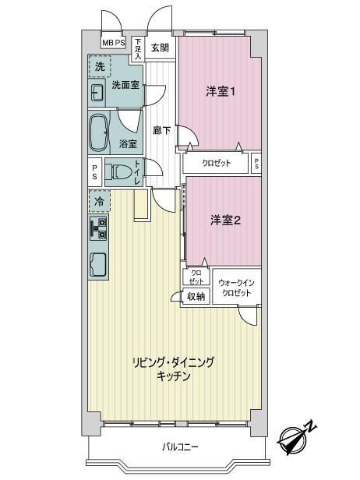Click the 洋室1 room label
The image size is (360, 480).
pyautogui.click(x=221, y=91)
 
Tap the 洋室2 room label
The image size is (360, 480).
pyautogui.click(x=226, y=220)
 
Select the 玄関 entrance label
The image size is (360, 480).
pyautogui.click(x=160, y=48)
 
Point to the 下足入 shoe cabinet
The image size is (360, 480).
pyautogui.click(x=139, y=49)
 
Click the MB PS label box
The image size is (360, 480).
pyautogui.click(x=113, y=43)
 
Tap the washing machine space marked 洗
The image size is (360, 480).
pyautogui.click(x=100, y=66)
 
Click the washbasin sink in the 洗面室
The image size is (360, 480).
pyautogui.click(x=97, y=93)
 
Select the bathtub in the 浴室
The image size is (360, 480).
pyautogui.click(x=98, y=132)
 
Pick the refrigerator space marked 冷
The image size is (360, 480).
pyautogui.click(x=99, y=201)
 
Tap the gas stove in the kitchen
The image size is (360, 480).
pyautogui.click(x=98, y=228)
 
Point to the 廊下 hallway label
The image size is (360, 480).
pyautogui.click(x=162, y=131)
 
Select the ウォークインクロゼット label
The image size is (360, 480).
pyautogui.click(x=236, y=288)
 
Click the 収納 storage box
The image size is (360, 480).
pyautogui.click(x=196, y=296)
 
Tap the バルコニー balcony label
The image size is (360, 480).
pyautogui.click(x=180, y=447)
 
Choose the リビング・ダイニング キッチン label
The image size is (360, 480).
pyautogui.click(x=173, y=369)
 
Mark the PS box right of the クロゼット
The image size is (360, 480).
pyautogui.click(x=256, y=164)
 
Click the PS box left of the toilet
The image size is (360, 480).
pyautogui.click(x=94, y=172)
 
